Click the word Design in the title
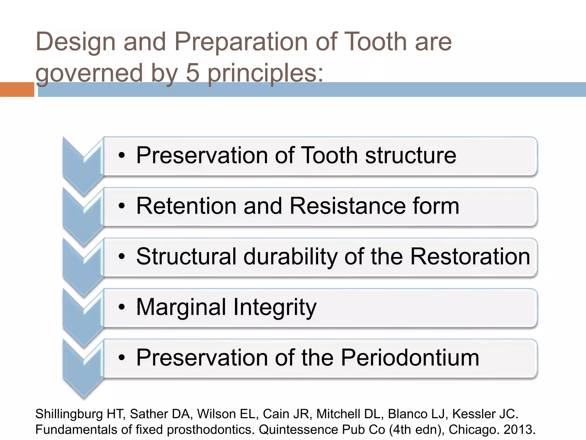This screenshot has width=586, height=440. click(x=75, y=42)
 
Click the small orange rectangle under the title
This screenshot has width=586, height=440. click(x=17, y=89)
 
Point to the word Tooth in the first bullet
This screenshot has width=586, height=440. click(x=329, y=155)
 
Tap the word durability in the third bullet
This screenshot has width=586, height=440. click(x=290, y=256)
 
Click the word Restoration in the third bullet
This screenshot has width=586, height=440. click(x=470, y=256)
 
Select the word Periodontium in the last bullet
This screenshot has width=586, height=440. click(x=410, y=357)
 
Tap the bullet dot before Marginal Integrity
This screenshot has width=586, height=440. click(x=122, y=307)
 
